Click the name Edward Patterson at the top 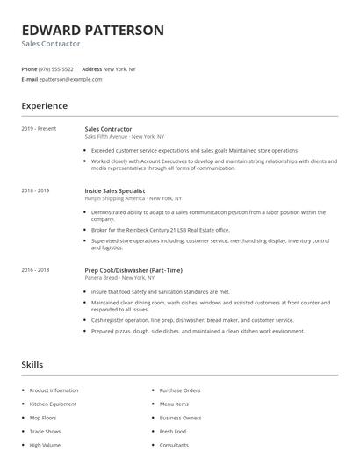(x=92, y=30)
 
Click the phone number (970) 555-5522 (x=57, y=68)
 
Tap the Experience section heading (x=44, y=106)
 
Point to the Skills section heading (x=32, y=364)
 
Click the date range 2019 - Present (x=39, y=129)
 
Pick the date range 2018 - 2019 (x=35, y=190)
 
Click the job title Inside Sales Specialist (x=115, y=190)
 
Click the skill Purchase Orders (x=180, y=390)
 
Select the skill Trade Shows (x=46, y=431)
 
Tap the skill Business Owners (x=180, y=418)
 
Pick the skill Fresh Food (x=173, y=431)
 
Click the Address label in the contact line (x=91, y=68)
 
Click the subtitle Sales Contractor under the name (x=51, y=43)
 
